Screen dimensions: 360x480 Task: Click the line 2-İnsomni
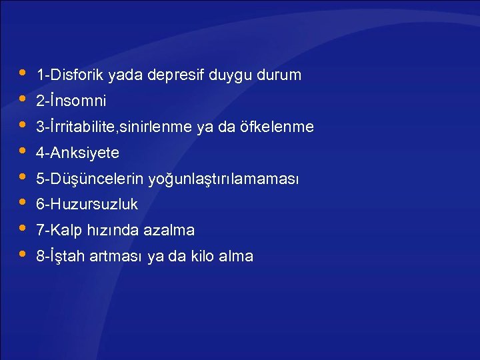[x=71, y=101]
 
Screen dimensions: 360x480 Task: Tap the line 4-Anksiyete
[x=78, y=153]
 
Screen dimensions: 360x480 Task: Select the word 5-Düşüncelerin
[x=90, y=179]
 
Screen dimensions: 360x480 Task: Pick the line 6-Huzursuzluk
[x=87, y=205]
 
